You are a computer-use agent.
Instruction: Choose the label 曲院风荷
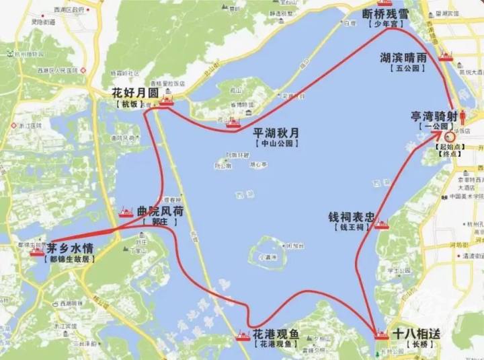[x=160, y=210]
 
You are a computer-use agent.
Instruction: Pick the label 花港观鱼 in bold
[x=276, y=333]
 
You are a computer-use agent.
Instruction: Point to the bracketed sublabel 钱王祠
[x=351, y=229]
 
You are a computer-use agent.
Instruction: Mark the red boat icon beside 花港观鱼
[x=243, y=336]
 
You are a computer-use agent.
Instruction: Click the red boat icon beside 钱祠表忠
[x=382, y=225]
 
